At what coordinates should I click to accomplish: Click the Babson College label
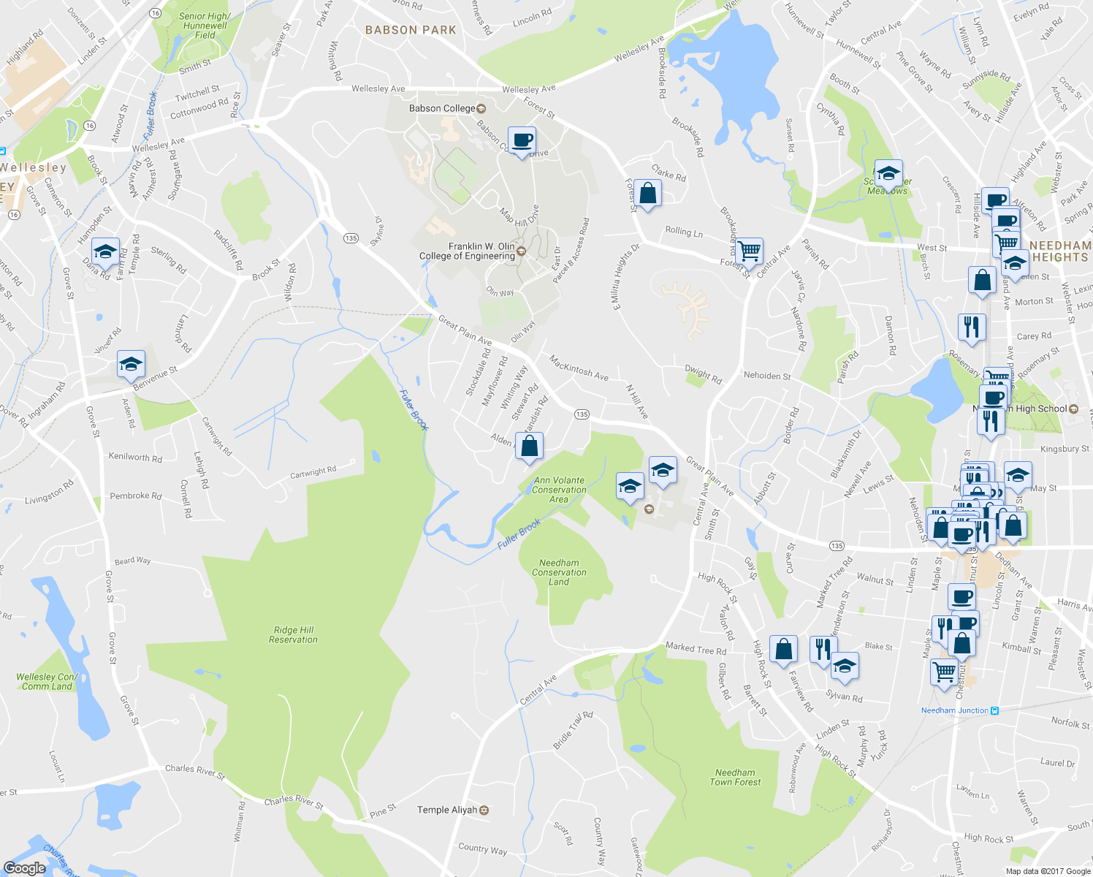click(442, 108)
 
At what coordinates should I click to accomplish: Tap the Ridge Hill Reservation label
click(293, 634)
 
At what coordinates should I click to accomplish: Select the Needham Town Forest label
click(735, 777)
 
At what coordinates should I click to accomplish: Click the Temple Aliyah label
click(447, 810)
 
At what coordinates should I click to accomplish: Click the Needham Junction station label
click(954, 710)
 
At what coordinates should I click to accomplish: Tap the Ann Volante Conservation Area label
click(559, 490)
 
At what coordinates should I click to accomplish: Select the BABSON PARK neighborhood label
click(411, 30)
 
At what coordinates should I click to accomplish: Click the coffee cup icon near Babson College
click(521, 140)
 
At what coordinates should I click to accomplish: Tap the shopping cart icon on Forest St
click(750, 251)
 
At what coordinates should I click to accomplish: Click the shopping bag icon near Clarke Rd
click(647, 193)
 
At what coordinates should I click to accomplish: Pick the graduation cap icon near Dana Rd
click(104, 252)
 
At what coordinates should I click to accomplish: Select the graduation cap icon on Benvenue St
click(131, 364)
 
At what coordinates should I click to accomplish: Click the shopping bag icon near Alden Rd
click(529, 445)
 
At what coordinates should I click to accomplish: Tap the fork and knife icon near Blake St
click(823, 648)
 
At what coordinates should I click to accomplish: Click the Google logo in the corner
click(24, 867)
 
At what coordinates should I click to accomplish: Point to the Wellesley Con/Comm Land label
click(46, 681)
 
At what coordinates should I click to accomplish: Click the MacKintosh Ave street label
click(579, 368)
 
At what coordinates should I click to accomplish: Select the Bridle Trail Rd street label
click(573, 730)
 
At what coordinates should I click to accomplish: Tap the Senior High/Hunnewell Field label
click(205, 26)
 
